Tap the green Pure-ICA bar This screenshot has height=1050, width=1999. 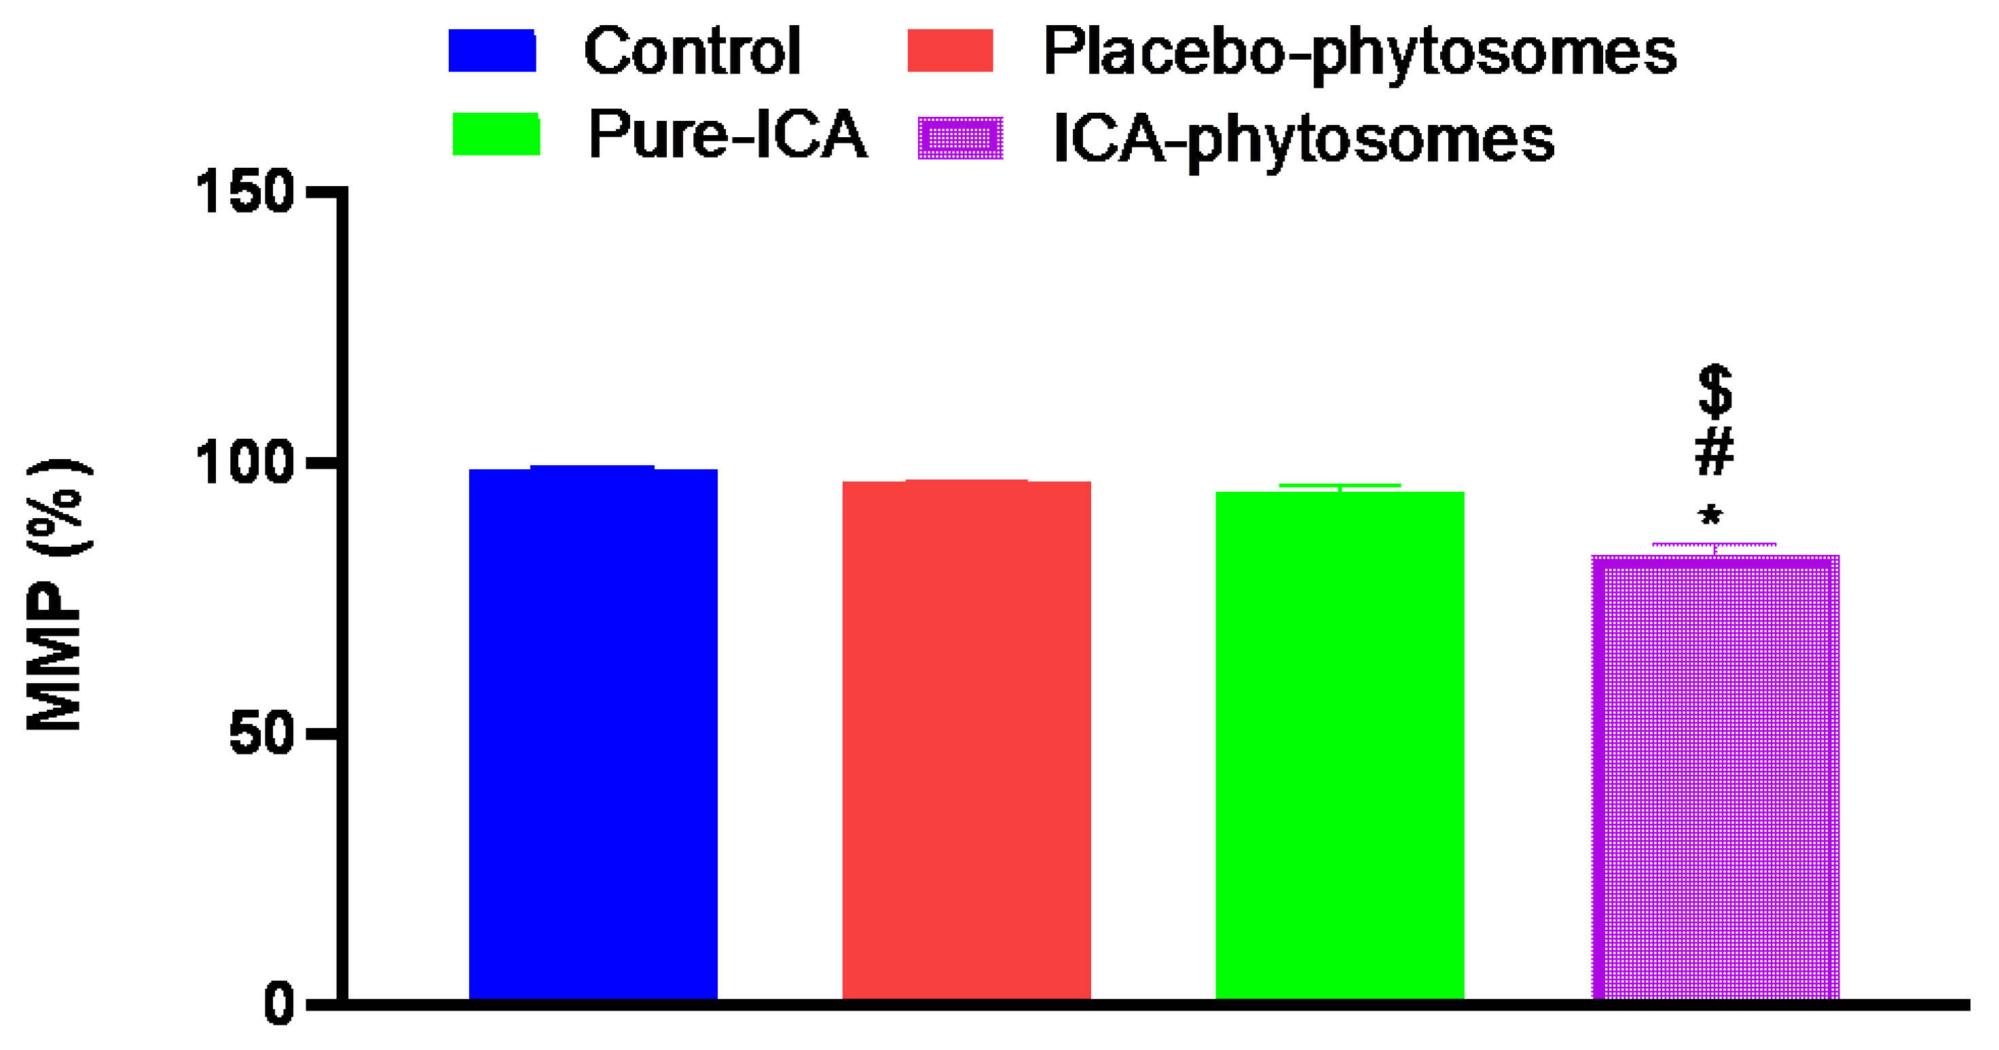1340,744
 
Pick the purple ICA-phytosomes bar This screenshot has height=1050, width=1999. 1715,776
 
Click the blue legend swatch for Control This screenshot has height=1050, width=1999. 492,50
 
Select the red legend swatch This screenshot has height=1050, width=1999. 950,50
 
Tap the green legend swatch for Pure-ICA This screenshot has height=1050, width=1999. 496,134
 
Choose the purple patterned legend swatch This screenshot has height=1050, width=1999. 960,138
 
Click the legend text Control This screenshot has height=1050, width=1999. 691,51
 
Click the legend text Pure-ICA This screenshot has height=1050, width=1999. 727,135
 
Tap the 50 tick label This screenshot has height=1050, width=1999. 261,734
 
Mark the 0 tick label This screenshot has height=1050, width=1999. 278,1004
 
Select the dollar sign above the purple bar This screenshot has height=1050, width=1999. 1715,391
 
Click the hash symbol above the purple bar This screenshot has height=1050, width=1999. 1714,452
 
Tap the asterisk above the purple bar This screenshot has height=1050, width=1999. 1710,515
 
